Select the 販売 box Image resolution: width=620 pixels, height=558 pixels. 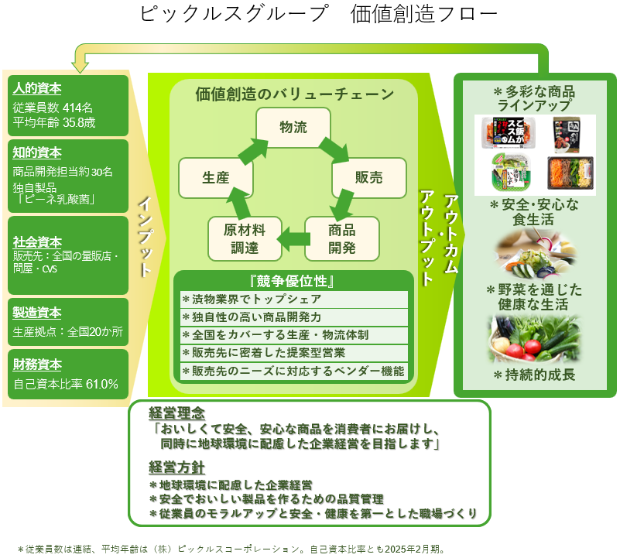(368, 178)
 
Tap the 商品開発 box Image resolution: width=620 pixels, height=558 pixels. (341, 238)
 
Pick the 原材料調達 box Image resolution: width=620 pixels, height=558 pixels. (245, 238)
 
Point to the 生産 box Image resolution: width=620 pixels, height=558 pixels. (216, 178)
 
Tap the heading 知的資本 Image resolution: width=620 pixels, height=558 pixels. (37, 152)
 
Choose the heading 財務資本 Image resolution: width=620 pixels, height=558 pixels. (37, 364)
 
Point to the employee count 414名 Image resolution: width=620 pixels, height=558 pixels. (77, 107)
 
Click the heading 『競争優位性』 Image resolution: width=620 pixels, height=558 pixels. (293, 280)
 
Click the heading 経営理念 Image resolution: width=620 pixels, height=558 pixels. (176, 412)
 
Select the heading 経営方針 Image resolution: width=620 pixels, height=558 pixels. (176, 467)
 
